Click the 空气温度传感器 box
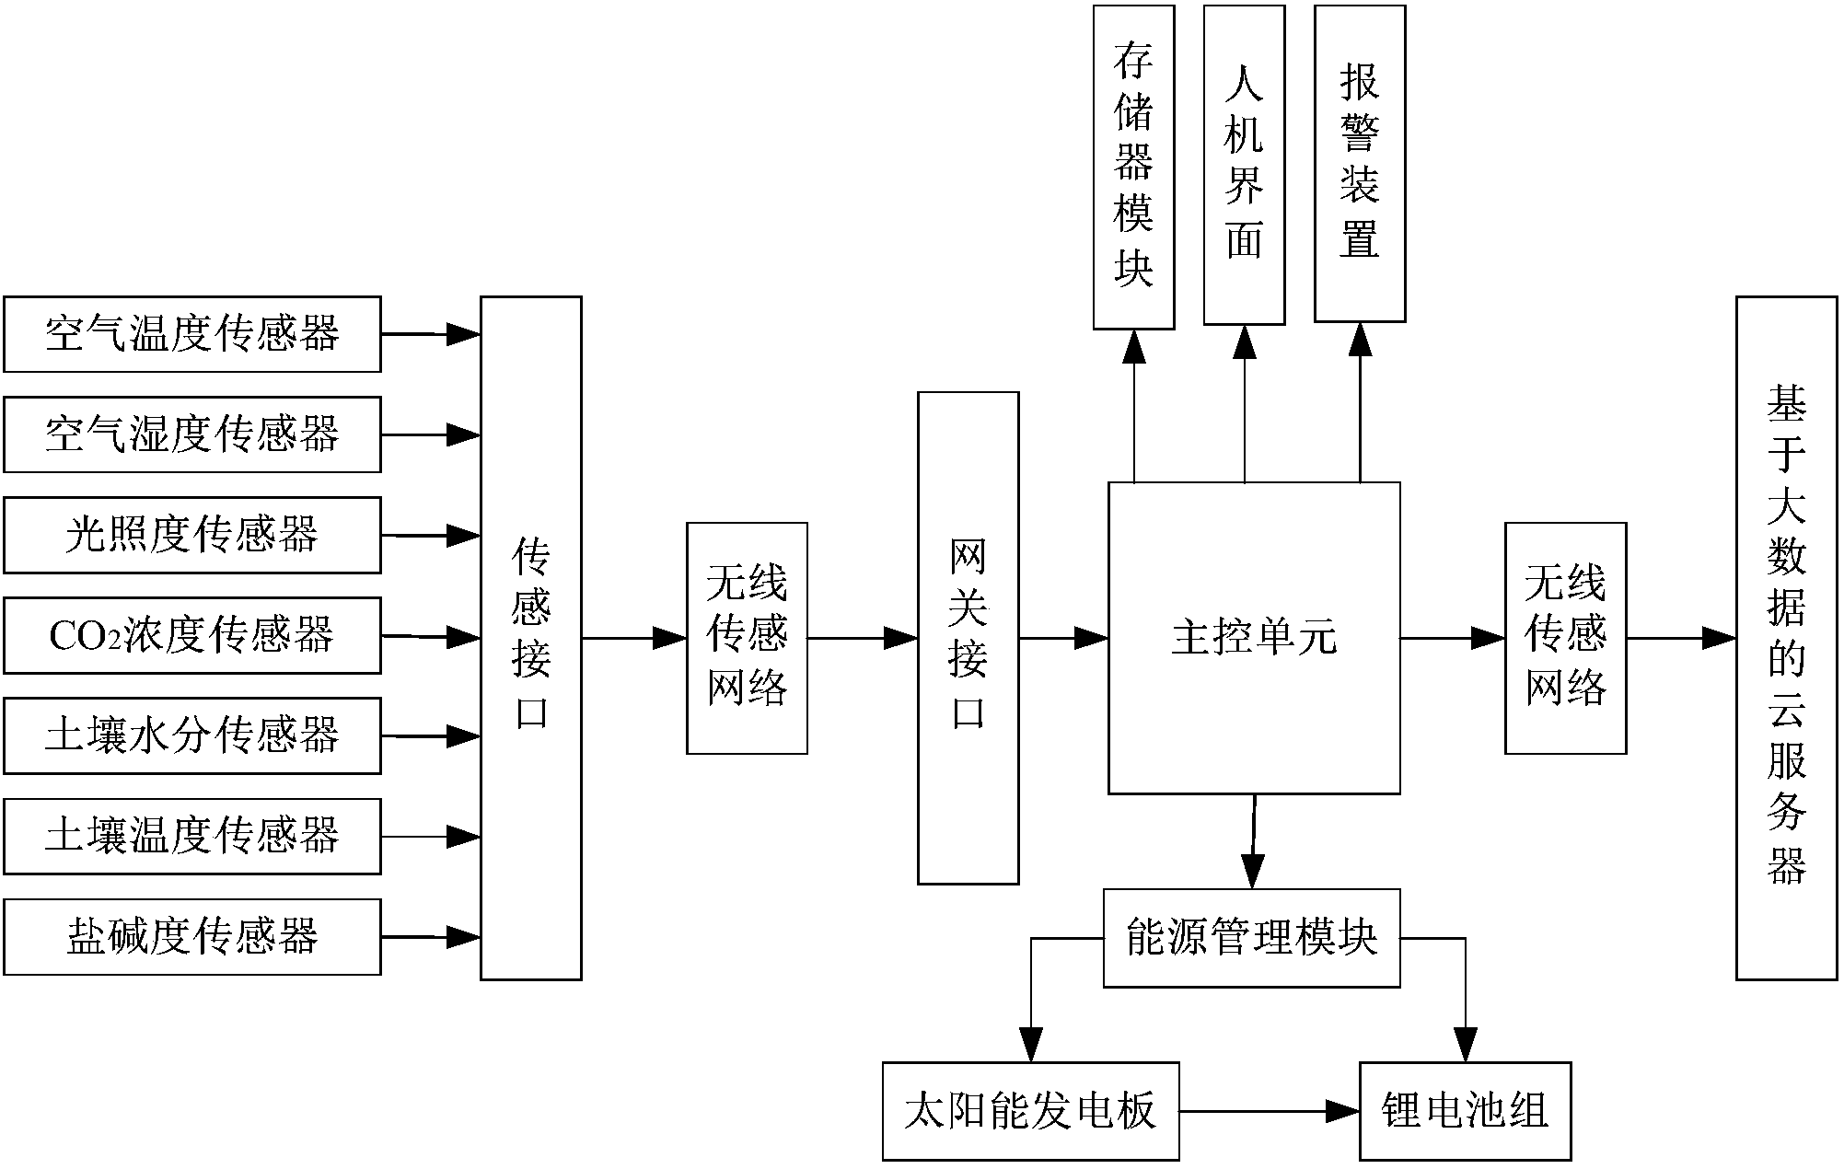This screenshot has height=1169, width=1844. click(x=191, y=334)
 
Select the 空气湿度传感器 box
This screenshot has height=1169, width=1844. click(x=191, y=434)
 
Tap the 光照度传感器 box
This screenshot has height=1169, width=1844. click(x=191, y=535)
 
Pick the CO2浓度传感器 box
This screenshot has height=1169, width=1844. click(x=191, y=635)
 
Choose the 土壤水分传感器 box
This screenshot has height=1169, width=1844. click(x=191, y=735)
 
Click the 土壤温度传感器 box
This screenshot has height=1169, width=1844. click(x=191, y=836)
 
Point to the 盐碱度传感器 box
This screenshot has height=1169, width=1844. click(x=191, y=936)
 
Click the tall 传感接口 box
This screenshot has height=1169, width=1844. click(x=530, y=638)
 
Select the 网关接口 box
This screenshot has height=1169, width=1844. click(x=968, y=638)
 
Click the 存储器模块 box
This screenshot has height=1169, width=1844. click(x=1133, y=168)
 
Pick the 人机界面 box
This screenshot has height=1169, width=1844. click(x=1244, y=166)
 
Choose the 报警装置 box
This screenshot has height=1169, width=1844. click(x=1359, y=164)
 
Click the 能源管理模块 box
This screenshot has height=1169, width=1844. click(x=1251, y=938)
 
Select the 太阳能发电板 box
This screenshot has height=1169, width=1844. click(x=1030, y=1111)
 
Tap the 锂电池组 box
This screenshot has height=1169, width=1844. click(x=1465, y=1111)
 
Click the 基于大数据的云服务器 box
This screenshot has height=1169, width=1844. click(x=1786, y=638)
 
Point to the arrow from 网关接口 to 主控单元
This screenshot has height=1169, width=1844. click(x=1063, y=637)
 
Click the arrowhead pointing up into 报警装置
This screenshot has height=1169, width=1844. click(x=1360, y=341)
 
